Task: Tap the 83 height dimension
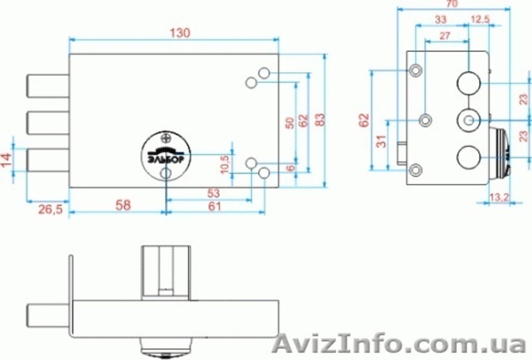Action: (x=321, y=120)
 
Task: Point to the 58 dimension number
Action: (x=122, y=205)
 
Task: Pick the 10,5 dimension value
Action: (x=225, y=164)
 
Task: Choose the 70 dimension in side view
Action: (x=453, y=4)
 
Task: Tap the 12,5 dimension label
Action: (x=479, y=20)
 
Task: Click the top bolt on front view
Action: (x=47, y=86)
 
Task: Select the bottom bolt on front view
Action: (x=47, y=160)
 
